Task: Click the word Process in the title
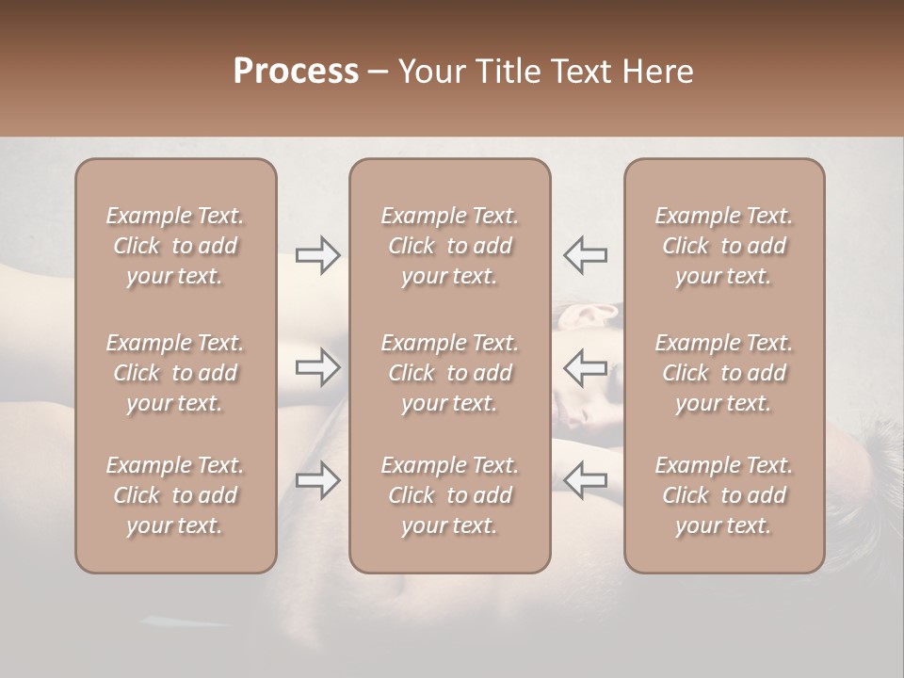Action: click(x=296, y=72)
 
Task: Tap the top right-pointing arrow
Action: click(x=317, y=255)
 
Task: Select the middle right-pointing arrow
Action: click(x=317, y=367)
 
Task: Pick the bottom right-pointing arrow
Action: click(x=317, y=480)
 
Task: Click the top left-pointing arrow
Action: click(x=585, y=255)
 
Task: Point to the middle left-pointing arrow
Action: click(x=585, y=367)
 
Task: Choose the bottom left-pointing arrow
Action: click(x=585, y=480)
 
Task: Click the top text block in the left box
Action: click(x=175, y=246)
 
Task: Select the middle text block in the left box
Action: click(x=175, y=373)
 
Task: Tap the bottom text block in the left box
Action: click(x=175, y=495)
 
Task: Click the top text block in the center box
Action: click(x=449, y=246)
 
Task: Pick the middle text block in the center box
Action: click(x=449, y=373)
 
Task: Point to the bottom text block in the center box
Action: click(x=449, y=495)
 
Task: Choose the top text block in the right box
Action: click(x=723, y=246)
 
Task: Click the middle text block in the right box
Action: click(x=723, y=373)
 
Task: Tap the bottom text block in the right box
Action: click(x=723, y=495)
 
